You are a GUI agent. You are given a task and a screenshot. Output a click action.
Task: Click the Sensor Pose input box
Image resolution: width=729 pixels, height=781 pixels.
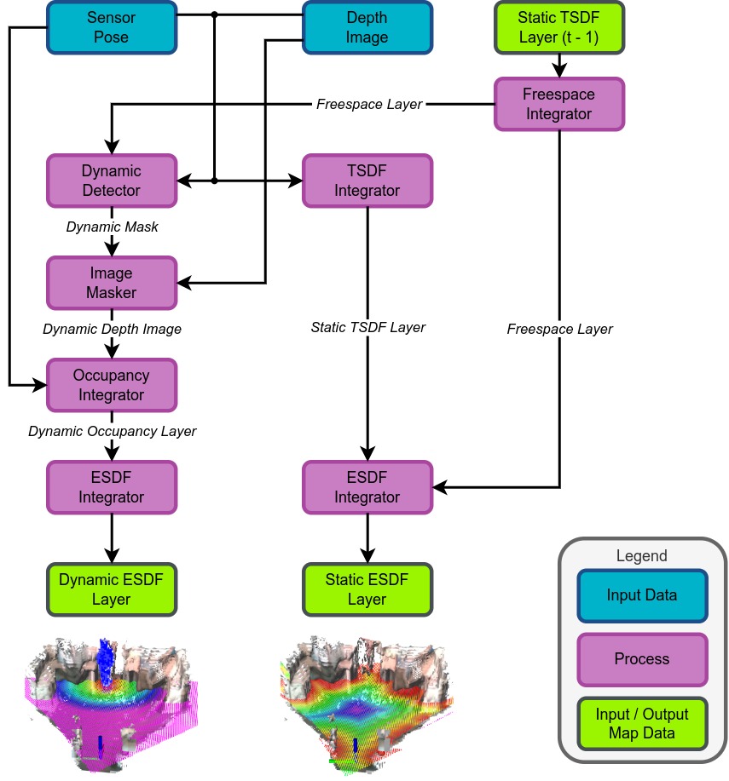tap(111, 27)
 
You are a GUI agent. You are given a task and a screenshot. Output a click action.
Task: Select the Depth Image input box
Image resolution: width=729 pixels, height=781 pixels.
tap(367, 27)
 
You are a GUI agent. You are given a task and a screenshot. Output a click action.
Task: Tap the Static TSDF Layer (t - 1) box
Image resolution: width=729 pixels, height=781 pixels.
tap(559, 27)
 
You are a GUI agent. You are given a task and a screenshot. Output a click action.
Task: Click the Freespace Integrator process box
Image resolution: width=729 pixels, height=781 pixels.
tap(559, 104)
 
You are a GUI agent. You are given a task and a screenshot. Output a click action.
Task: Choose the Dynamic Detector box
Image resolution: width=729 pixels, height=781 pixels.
tap(111, 181)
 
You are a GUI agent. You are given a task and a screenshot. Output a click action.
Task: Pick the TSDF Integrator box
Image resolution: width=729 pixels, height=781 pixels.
tap(367, 181)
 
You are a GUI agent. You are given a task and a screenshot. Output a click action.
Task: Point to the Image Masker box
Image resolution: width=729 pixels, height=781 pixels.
tap(111, 283)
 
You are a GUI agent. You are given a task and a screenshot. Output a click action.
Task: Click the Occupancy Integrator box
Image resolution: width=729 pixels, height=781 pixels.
tap(111, 385)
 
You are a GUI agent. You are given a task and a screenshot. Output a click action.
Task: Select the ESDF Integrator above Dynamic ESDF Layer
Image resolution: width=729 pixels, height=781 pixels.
tap(111, 487)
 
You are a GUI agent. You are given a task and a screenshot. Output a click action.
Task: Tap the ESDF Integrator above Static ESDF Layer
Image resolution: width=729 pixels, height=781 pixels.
tap(367, 487)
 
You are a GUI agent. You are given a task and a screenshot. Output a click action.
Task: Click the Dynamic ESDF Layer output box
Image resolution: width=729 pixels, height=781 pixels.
tap(111, 589)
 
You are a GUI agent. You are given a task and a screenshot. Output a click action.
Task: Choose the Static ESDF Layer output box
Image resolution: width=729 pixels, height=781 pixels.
tap(367, 589)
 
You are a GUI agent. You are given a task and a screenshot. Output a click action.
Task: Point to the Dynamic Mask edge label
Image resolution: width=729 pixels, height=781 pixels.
tap(112, 227)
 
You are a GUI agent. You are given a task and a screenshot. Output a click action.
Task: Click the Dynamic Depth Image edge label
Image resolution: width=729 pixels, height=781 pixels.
tap(112, 329)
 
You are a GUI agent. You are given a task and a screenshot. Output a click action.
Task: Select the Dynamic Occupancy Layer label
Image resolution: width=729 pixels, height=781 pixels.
tap(112, 431)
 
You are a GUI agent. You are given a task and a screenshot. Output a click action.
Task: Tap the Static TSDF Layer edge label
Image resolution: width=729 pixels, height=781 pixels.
tap(367, 327)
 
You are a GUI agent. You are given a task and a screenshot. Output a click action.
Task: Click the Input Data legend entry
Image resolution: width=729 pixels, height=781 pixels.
tap(642, 594)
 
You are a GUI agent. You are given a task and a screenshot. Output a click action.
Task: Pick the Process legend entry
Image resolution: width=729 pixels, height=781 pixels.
tap(642, 658)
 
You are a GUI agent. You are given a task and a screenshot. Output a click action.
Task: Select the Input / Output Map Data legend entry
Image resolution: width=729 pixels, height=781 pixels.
tap(642, 723)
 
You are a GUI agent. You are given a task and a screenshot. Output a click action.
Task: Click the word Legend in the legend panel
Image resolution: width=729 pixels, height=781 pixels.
tap(641, 556)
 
